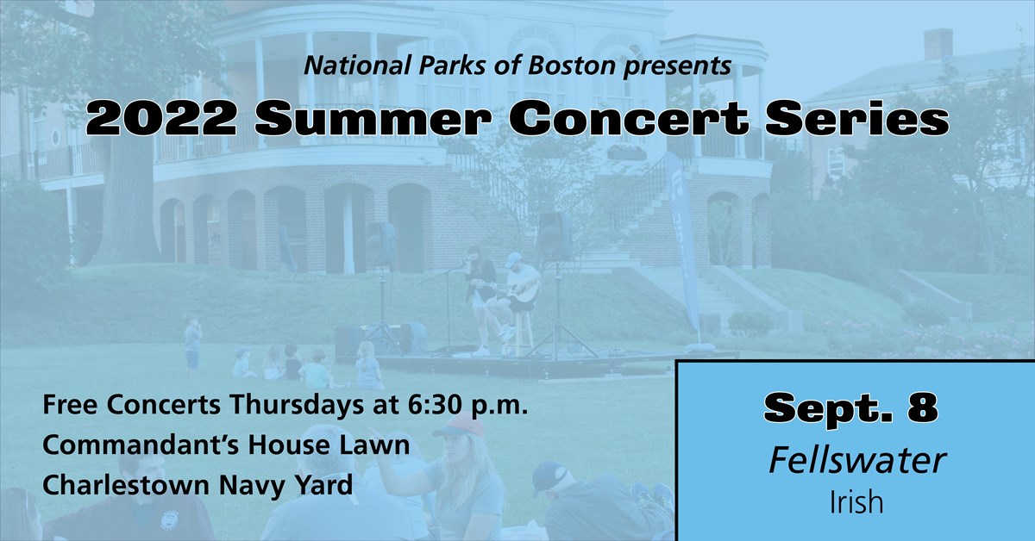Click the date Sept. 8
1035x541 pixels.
point(851,408)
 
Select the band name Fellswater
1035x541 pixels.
point(856,461)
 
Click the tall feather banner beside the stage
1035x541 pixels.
point(682,241)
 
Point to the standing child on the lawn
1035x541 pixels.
point(191,341)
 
